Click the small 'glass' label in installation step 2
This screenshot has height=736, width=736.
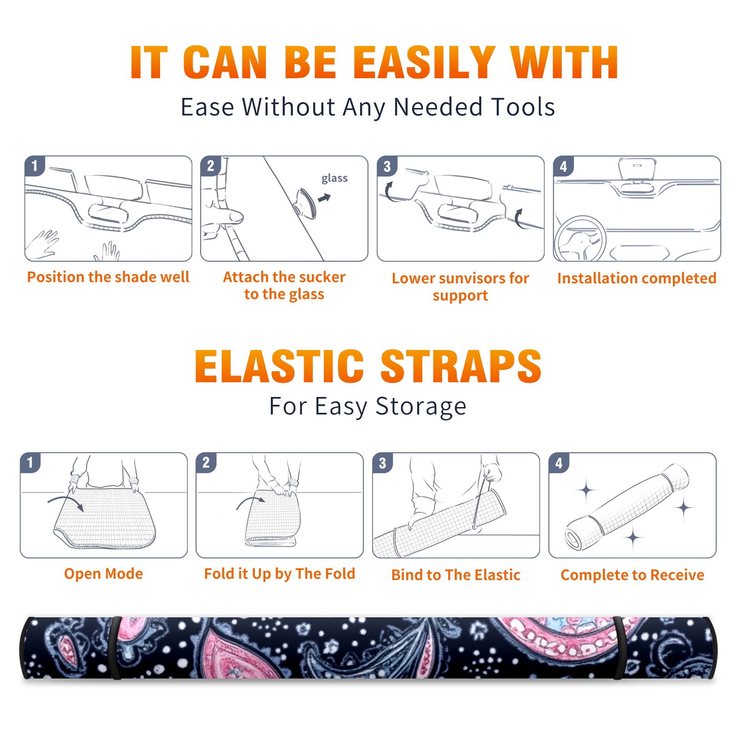[x=334, y=178]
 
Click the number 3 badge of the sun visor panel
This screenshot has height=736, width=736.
[x=387, y=166]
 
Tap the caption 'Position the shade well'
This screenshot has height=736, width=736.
[x=108, y=277]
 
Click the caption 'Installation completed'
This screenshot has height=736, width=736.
[x=637, y=278]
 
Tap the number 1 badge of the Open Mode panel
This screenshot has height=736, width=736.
[x=30, y=462]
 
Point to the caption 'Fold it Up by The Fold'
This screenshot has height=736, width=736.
[x=280, y=574]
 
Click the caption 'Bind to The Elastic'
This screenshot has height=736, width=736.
[x=456, y=575]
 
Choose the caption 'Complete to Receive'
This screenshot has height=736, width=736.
[x=632, y=575]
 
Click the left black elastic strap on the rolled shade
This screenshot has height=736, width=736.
[x=115, y=648]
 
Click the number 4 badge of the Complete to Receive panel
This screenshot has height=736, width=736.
[x=559, y=463]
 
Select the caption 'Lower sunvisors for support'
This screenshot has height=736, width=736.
[x=460, y=287]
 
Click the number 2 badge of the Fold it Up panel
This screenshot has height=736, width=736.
[x=206, y=462]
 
